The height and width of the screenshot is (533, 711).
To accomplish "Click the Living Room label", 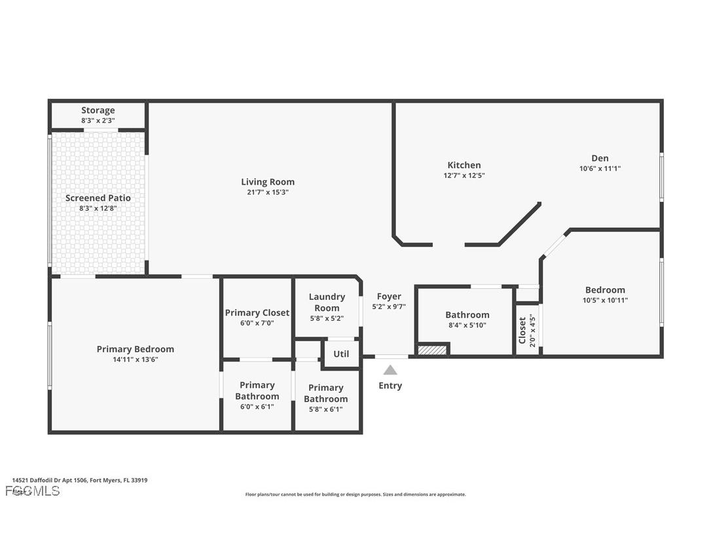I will point(267,182).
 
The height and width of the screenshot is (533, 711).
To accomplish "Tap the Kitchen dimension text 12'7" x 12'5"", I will point(464,175).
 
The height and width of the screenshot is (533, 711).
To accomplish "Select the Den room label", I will point(600,158).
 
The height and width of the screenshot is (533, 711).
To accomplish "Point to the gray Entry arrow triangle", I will point(390,370).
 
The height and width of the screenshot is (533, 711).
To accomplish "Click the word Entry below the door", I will point(390,386).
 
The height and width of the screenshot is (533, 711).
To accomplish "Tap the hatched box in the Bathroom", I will point(432,350).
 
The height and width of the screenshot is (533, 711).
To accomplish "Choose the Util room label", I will point(341,354).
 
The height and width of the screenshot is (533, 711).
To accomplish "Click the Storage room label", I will point(98,110).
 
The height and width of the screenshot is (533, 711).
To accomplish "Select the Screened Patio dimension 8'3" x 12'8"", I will point(98,209).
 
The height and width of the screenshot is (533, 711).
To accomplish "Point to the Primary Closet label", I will point(257,313).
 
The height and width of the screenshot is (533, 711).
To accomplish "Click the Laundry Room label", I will point(327,302).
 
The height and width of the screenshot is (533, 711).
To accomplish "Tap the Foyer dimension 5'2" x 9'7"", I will point(389,306).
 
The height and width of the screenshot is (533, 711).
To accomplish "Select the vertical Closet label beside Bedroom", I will point(522,331).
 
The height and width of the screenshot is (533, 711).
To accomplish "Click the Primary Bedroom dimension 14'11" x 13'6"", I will point(136,359).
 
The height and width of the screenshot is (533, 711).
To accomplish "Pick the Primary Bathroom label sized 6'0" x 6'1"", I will point(257,390).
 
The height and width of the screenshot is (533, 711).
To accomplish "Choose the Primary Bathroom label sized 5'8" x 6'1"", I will point(325,393).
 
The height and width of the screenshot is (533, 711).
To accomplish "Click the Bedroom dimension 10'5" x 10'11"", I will point(605,301).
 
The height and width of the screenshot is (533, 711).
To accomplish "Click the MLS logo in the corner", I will point(32,491).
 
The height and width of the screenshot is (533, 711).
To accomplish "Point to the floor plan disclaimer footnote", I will point(355,494).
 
